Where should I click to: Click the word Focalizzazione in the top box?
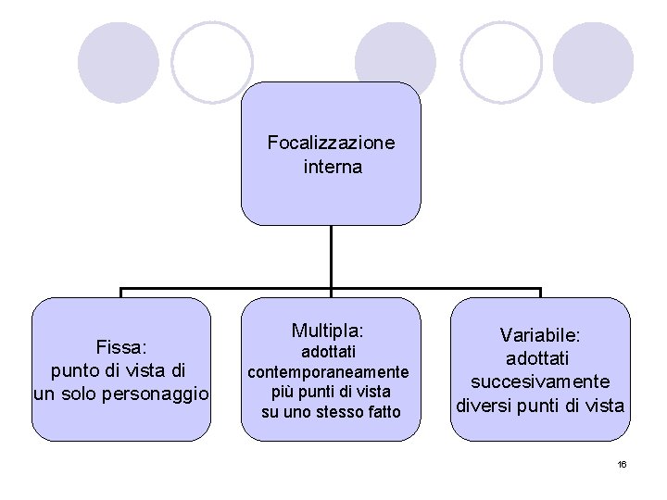[331, 143]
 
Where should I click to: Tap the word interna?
[332, 168]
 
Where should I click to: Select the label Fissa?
[122, 346]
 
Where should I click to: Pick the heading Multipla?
[328, 330]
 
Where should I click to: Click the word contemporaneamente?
[328, 371]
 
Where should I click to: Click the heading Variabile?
[540, 334]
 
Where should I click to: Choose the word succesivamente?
[540, 381]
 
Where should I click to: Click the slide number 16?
[623, 463]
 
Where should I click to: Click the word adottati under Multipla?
[328, 352]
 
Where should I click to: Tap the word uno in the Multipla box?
[298, 411]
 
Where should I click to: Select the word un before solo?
[44, 394]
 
